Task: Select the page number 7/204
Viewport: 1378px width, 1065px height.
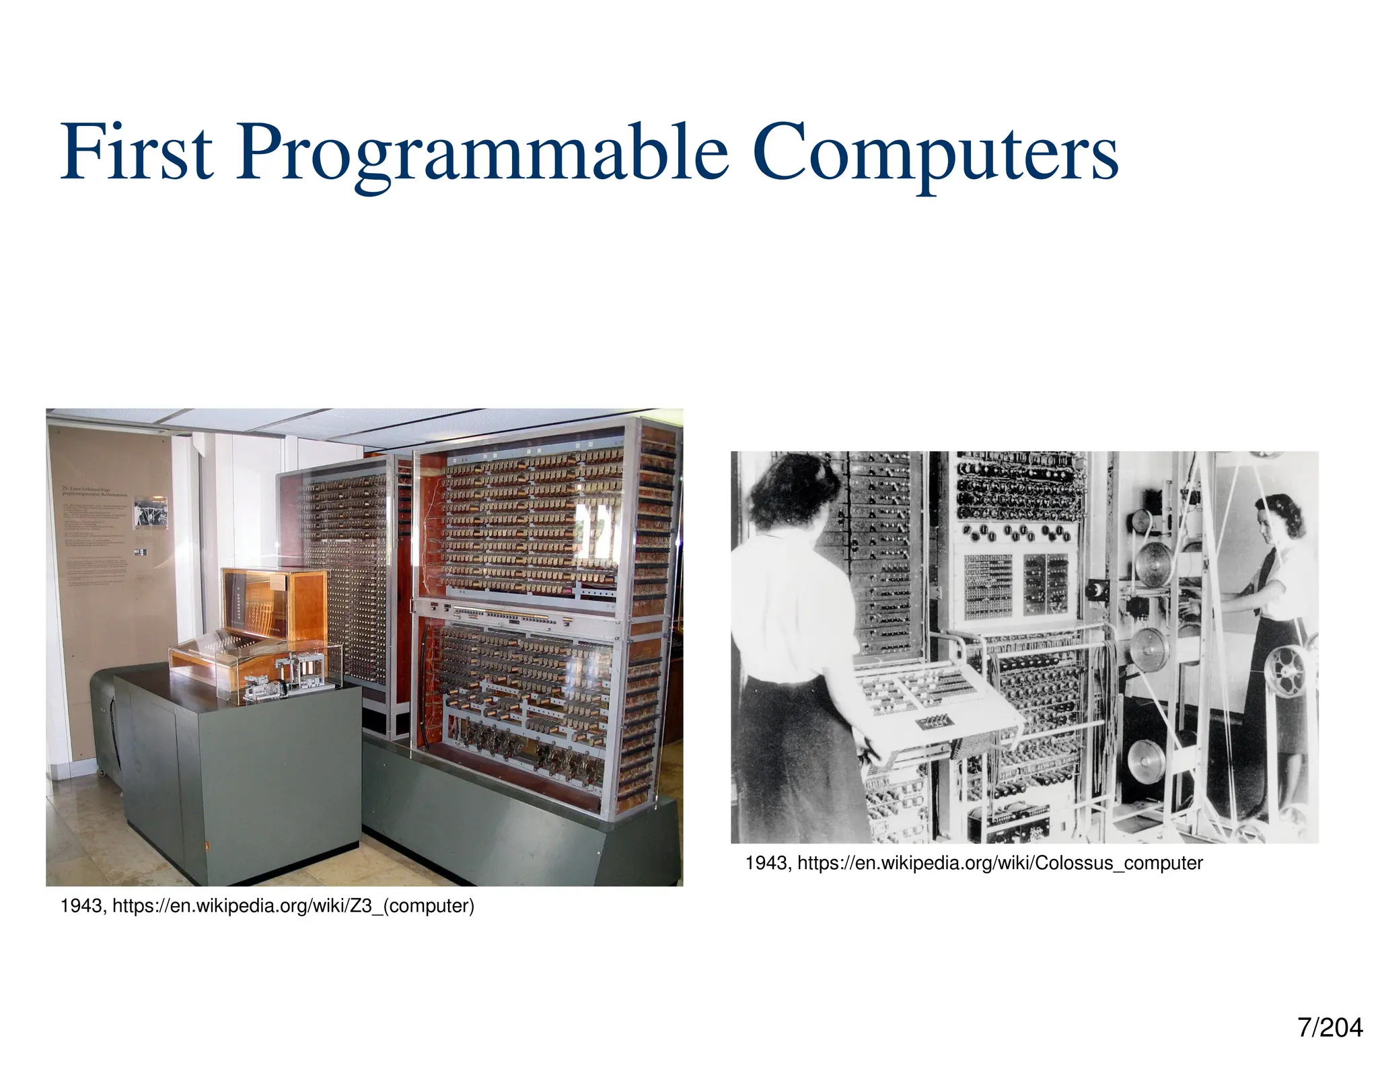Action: pyautogui.click(x=1330, y=1028)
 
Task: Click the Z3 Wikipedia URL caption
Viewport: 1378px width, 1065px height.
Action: pyautogui.click(x=293, y=906)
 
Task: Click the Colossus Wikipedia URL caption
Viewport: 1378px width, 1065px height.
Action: pyautogui.click(x=1000, y=863)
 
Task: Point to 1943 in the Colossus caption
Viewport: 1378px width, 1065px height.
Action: pyautogui.click(x=766, y=863)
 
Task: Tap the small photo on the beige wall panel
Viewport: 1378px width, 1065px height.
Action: pyautogui.click(x=150, y=512)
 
